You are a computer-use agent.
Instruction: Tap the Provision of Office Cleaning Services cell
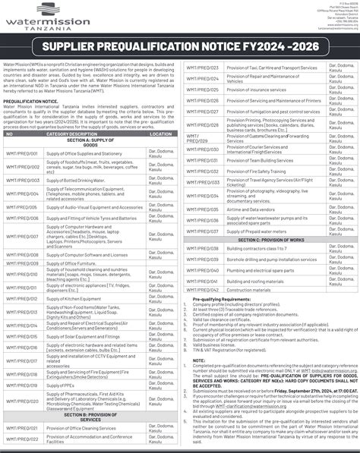point(84,431)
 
